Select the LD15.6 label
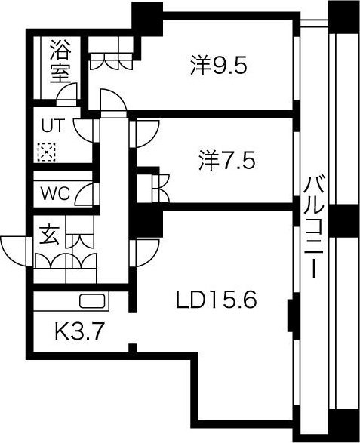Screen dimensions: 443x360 click(217, 300)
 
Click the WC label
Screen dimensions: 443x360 click(55, 192)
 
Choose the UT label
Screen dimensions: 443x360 click(51, 125)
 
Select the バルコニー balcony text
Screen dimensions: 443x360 click(314, 226)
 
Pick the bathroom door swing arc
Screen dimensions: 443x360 click(68, 93)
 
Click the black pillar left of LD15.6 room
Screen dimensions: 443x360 click(144, 223)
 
